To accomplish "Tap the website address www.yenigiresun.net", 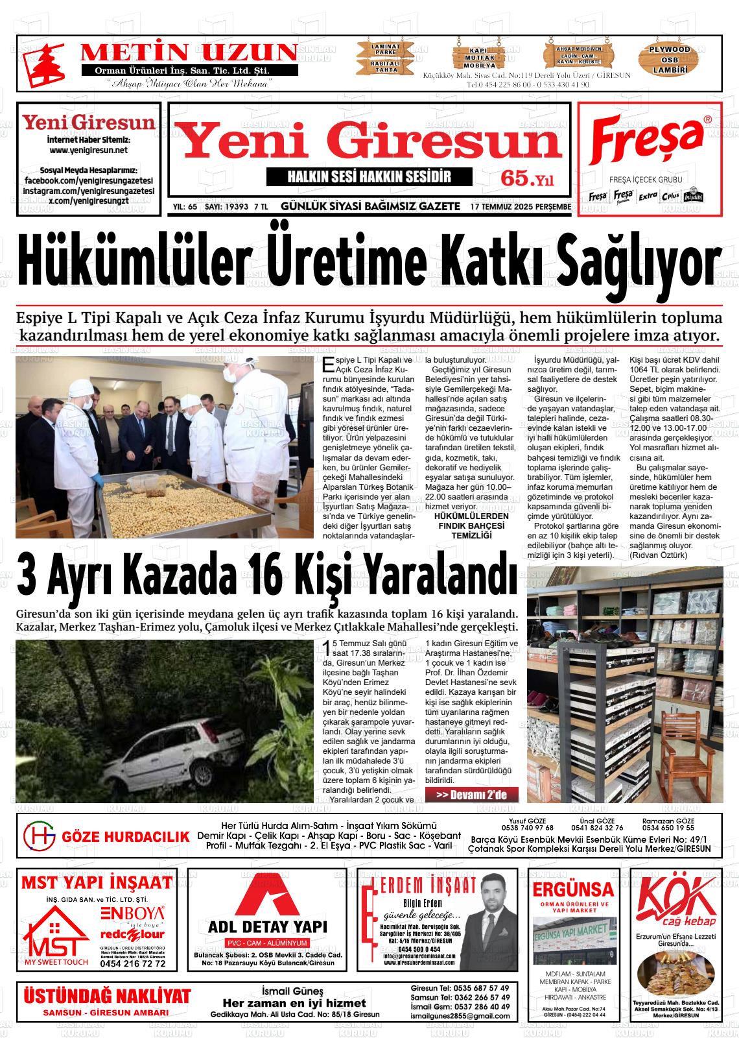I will point(89,151).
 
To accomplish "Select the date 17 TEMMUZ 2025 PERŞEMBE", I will point(521,207).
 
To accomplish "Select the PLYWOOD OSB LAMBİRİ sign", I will point(670,59).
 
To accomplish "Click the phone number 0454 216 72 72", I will point(133,964).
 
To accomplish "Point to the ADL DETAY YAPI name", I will point(267,926).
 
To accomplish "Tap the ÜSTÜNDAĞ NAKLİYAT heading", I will point(107,996).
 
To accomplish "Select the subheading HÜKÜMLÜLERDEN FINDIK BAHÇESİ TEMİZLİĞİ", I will point(471,525).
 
